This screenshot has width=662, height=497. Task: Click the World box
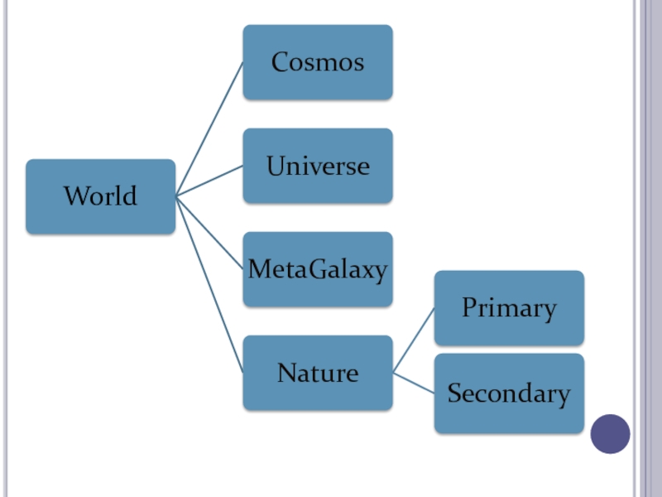100,196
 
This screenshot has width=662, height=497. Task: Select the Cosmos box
318,62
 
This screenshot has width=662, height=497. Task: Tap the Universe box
318,166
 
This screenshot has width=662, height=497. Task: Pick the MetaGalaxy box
318,269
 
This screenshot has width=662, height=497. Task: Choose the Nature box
318,373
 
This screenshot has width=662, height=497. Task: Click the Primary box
509,308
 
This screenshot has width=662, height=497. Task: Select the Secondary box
509,393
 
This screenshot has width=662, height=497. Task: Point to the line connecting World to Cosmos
209,129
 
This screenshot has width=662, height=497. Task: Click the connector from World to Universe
209,181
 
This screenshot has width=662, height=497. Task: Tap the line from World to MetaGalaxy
209,233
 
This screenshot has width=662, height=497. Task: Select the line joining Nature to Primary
414,340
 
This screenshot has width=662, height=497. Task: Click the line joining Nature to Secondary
414,383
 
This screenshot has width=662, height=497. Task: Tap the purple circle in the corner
611,434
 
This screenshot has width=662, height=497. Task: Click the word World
100,197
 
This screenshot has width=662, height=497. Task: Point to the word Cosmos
318,62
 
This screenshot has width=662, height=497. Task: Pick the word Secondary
509,394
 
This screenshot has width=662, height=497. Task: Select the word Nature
318,373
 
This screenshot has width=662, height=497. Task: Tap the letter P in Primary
469,308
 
